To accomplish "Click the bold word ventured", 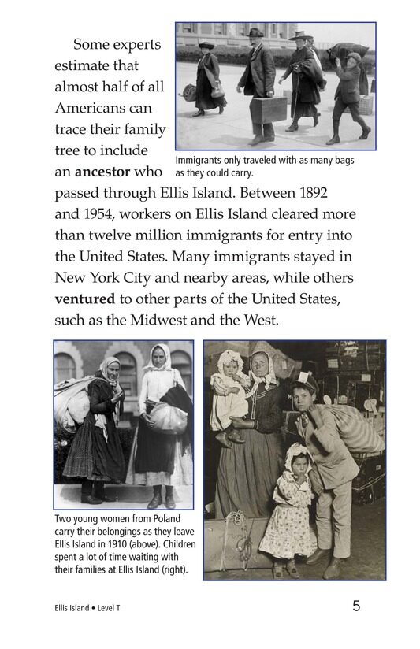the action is pyautogui.click(x=85, y=299).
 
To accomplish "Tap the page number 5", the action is pyautogui.click(x=356, y=606).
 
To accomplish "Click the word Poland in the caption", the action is pyautogui.click(x=162, y=520).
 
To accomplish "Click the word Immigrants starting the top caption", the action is pyautogui.click(x=199, y=160).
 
